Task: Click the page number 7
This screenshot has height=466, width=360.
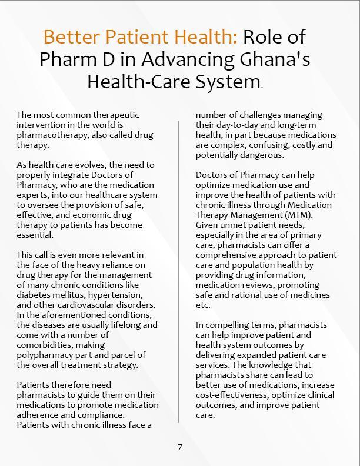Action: tap(180, 447)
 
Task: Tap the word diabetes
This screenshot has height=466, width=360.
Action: tap(34, 295)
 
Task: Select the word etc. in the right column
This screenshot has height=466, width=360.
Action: tap(203, 305)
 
